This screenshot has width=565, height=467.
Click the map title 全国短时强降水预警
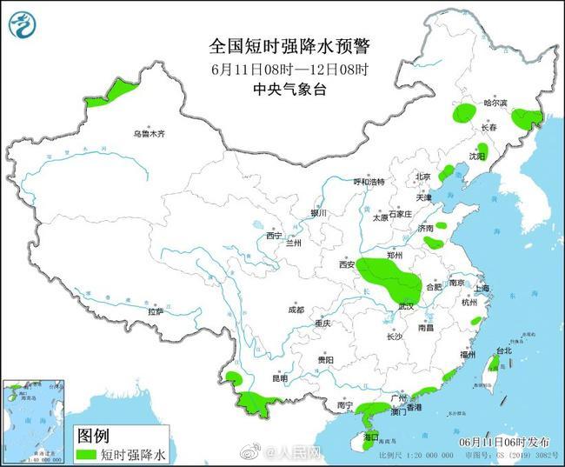(289, 44)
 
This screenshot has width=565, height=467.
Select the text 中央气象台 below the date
(289, 89)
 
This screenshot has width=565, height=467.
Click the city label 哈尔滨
(495, 103)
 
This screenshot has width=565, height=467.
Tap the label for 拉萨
(156, 310)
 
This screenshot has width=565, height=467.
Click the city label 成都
(297, 309)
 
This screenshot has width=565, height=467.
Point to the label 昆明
(279, 378)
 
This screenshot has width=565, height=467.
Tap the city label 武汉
(407, 306)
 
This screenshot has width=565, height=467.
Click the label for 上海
(482, 287)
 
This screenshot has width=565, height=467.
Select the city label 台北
(503, 350)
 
